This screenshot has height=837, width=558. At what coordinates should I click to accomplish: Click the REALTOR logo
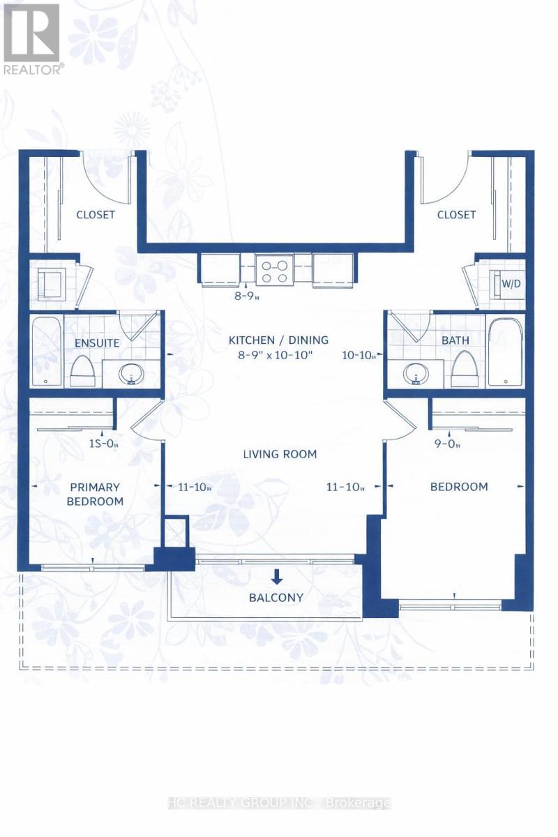coord(32,39)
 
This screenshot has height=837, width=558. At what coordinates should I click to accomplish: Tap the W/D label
coord(511,284)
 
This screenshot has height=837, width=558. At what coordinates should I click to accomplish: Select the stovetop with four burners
coord(274,271)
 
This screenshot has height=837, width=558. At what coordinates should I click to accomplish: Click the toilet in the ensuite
coord(82,370)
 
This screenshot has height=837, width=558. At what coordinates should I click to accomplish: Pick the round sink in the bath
coord(416,373)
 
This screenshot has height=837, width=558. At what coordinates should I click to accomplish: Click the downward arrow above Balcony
coord(277,576)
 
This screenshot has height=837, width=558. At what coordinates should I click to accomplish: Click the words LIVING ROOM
coord(280,454)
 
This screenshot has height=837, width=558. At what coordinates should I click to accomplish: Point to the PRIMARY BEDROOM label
coord(95,494)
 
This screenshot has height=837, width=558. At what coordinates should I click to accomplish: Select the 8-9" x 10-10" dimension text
coord(275,354)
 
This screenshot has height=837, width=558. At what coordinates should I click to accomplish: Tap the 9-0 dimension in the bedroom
coord(447,444)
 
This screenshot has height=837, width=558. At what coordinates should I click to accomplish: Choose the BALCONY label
coord(276,598)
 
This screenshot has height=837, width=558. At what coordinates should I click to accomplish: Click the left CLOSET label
coord(96,215)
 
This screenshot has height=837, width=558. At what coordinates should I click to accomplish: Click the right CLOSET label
coord(456,215)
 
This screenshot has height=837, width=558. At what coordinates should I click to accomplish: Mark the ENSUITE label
coord(97,343)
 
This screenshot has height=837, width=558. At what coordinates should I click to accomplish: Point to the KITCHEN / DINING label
coord(278,340)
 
